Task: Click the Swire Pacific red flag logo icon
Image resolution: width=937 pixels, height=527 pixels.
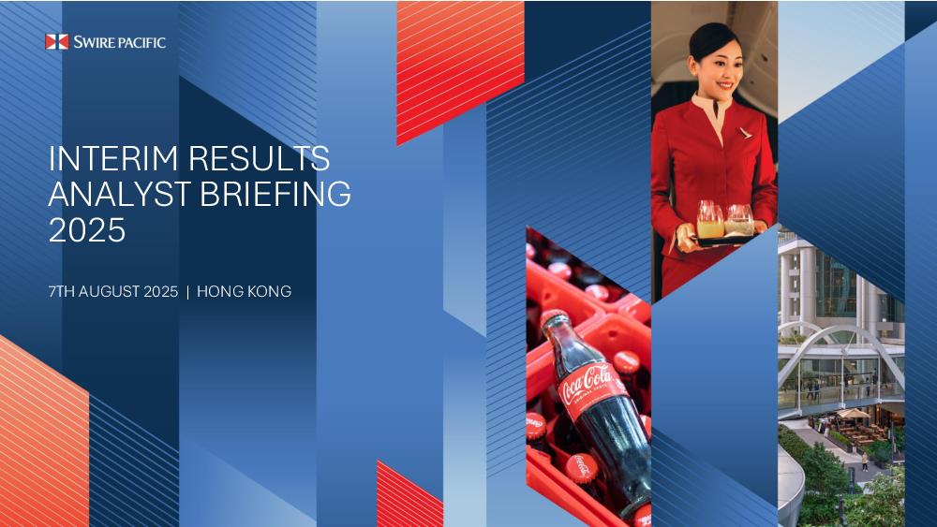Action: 57,42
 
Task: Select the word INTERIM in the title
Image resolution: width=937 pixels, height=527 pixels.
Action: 113,159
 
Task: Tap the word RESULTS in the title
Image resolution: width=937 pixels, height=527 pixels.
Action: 259,159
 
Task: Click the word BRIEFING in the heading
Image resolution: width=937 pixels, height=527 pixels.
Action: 275,194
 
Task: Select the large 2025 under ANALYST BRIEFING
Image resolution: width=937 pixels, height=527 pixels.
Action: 87,229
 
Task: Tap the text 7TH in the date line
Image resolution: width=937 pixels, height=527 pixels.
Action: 61,291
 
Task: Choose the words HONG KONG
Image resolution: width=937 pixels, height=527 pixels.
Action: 245,291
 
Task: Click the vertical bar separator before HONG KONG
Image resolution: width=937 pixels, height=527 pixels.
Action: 187,292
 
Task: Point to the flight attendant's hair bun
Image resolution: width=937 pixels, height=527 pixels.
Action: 699,37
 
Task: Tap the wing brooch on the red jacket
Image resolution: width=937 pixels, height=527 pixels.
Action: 745,133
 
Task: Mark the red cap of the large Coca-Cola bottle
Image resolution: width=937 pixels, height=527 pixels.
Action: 553,318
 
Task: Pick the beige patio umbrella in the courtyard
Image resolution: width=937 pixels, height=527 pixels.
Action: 854,413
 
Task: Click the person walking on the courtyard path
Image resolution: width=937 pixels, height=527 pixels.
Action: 864,461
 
